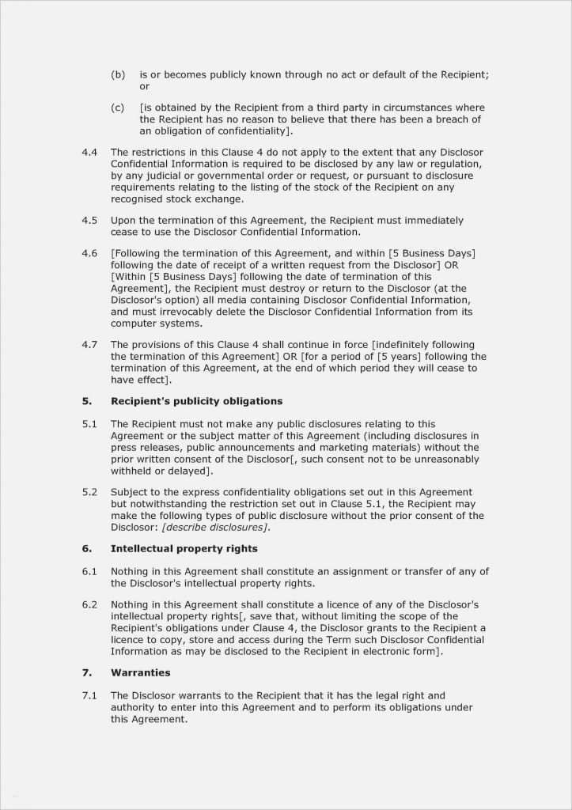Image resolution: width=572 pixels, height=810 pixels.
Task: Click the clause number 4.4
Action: [89, 152]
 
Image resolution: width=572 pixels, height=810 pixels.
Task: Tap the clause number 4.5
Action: [89, 220]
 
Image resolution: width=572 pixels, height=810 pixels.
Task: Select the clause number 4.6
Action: [89, 253]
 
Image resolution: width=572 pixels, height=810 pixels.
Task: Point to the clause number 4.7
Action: [89, 344]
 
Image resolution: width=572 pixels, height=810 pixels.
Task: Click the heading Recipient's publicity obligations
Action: [196, 401]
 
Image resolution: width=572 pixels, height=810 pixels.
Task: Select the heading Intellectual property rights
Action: [184, 548]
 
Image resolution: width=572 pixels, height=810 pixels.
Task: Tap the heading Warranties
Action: [140, 672]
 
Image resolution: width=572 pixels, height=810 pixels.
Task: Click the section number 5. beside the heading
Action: [86, 401]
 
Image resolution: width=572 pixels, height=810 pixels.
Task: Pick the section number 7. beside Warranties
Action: [86, 672]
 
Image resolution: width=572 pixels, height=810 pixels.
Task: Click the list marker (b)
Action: [118, 74]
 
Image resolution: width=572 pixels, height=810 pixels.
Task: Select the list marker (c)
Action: [118, 108]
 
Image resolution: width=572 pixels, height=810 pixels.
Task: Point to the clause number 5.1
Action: [89, 424]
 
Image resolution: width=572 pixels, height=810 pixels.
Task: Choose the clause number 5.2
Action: [89, 492]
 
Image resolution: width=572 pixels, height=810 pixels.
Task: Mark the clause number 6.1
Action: [89, 571]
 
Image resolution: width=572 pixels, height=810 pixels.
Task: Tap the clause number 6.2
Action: [89, 604]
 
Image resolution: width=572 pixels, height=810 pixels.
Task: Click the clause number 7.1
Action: [89, 695]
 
